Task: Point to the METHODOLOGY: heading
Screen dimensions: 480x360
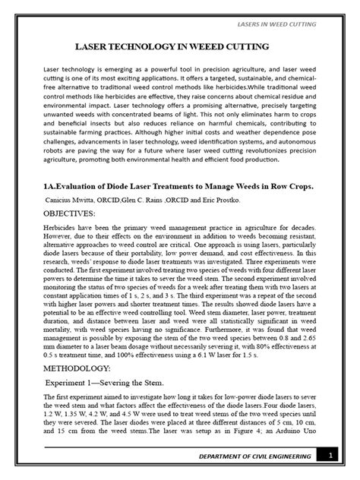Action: click(71, 365)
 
